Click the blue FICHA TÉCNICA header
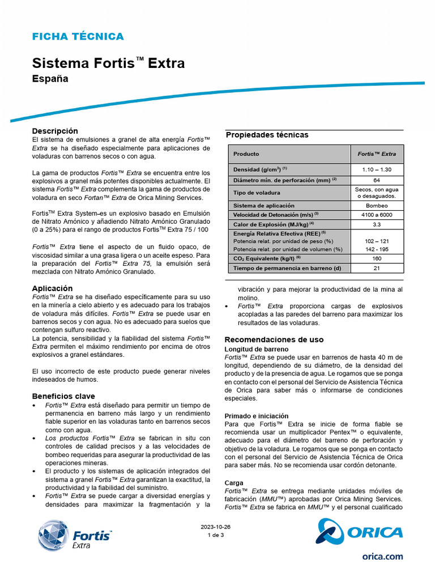(78, 37)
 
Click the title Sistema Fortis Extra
(108, 63)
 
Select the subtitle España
(50, 79)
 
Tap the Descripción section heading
(55, 131)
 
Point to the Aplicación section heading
(52, 288)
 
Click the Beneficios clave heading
(63, 396)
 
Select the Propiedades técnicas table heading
(267, 135)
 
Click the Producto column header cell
(246, 153)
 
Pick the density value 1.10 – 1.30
(377, 169)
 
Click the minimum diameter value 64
(377, 180)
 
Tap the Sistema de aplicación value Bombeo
(377, 206)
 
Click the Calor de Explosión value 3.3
(377, 224)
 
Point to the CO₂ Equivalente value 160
(377, 258)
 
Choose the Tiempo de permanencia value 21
(377, 268)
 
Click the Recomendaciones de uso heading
(274, 340)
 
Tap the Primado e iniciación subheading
(257, 416)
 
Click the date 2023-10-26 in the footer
(216, 526)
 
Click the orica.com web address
(382, 557)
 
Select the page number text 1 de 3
(216, 535)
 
